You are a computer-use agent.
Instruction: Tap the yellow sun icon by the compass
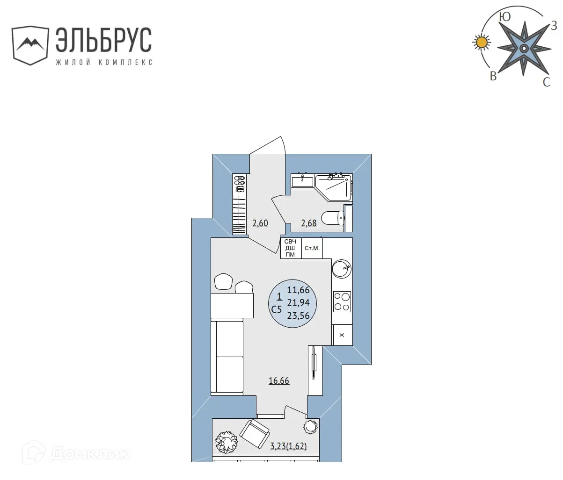tap(481, 43)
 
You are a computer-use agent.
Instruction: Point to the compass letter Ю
tap(505, 17)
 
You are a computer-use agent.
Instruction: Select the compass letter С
tap(546, 83)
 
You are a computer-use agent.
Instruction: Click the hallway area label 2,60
tap(260, 223)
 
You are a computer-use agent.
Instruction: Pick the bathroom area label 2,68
tap(309, 223)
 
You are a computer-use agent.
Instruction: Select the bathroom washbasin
tap(302, 180)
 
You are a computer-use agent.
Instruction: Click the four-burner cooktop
tap(342, 301)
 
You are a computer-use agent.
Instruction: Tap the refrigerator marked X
tap(342, 335)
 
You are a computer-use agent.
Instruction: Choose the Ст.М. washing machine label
tap(312, 248)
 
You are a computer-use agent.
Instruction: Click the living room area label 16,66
tap(279, 381)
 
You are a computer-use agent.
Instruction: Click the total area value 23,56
tap(299, 315)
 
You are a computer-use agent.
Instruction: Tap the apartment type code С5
tap(277, 308)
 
